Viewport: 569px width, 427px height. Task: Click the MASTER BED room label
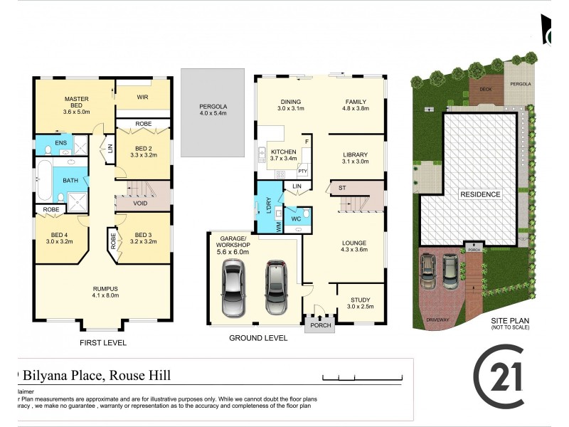point(75,104)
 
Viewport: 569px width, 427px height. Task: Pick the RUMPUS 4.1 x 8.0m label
point(104,291)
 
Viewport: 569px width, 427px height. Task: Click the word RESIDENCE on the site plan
point(479,194)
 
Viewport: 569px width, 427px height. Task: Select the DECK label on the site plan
point(485,89)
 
